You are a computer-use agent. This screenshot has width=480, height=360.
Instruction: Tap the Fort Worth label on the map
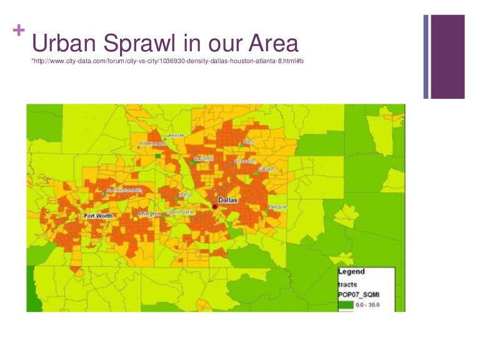coord(98,216)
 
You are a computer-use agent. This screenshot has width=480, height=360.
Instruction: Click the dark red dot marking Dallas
coord(214,206)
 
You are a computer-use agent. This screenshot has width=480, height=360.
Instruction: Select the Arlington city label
coord(149,214)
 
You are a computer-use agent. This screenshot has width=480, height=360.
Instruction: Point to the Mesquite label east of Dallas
coord(277,206)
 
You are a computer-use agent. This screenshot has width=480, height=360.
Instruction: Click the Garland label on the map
coord(265,169)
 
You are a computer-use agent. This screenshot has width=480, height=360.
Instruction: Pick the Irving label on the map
coord(184,194)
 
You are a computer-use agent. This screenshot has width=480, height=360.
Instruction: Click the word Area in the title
coord(270,44)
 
